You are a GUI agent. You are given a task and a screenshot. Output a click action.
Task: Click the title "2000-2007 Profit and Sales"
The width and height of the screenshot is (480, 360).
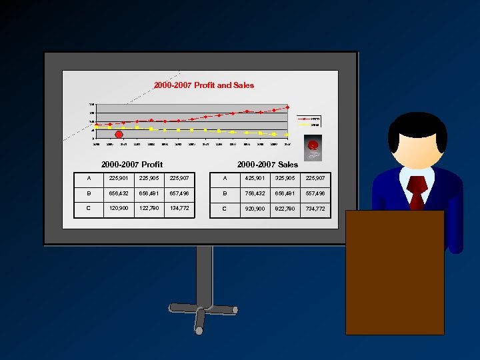203,85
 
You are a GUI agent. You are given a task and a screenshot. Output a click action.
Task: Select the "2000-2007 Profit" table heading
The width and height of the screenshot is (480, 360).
131,164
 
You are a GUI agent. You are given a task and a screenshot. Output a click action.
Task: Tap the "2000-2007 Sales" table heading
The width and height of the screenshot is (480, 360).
267,164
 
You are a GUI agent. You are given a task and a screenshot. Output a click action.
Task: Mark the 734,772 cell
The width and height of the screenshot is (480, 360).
315,209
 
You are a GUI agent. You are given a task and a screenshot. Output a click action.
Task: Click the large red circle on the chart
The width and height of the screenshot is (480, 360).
119,135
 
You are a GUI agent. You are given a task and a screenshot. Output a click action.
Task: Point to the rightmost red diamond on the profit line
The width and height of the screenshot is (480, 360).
287,107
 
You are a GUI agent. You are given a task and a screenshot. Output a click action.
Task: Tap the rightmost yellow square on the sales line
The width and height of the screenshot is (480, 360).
287,135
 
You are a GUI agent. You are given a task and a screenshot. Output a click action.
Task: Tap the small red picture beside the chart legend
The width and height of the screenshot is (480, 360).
312,146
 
